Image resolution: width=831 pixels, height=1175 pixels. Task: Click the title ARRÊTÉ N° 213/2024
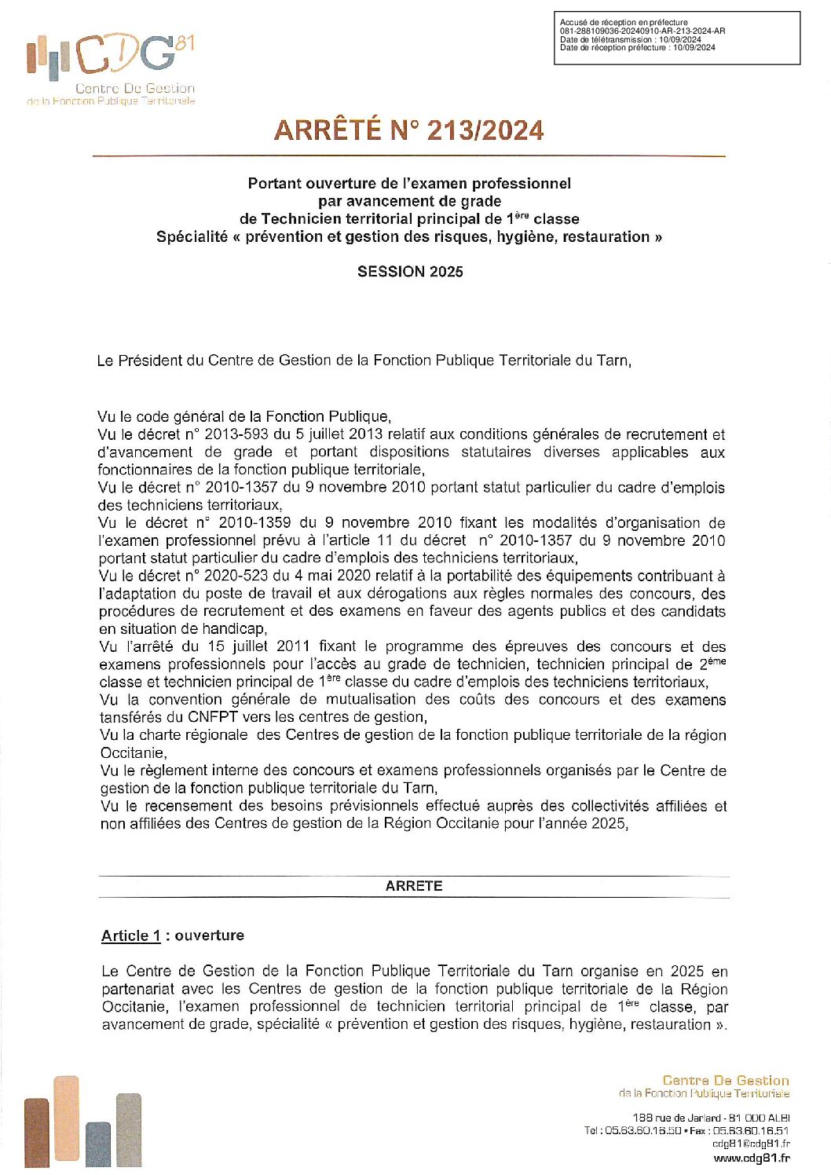click(x=408, y=130)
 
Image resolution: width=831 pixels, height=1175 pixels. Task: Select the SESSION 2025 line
click(x=410, y=272)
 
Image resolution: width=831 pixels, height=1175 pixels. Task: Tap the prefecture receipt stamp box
click(x=676, y=38)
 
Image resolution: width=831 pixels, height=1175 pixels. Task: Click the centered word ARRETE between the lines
click(x=414, y=886)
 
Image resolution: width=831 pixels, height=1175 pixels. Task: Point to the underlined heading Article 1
click(x=130, y=935)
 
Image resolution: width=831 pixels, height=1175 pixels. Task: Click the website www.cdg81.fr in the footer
click(x=751, y=1158)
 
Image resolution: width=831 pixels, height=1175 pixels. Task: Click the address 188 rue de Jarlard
click(x=676, y=1118)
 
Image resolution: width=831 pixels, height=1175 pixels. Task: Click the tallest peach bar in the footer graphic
click(x=66, y=1122)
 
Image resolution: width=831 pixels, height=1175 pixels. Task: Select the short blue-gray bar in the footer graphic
click(x=98, y=1144)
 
